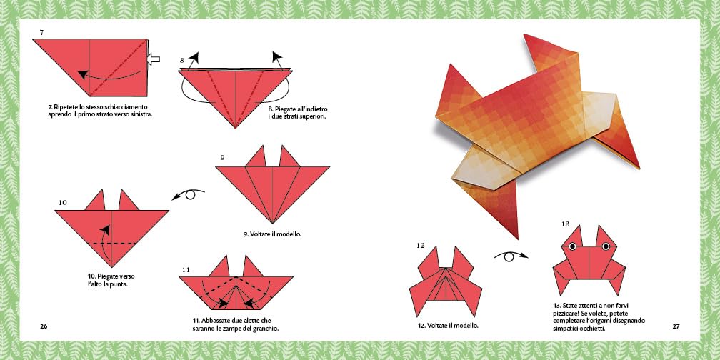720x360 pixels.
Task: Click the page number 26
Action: click(x=44, y=326)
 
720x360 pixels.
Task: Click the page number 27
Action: click(x=676, y=326)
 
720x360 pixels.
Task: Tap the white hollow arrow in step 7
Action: click(x=153, y=59)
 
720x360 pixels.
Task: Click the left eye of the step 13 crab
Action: click(x=573, y=246)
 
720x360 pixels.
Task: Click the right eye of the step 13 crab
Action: click(x=606, y=246)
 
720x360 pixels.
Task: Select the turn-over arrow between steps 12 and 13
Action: click(x=510, y=256)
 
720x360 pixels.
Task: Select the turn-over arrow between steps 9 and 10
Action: click(x=189, y=194)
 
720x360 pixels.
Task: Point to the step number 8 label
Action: click(x=182, y=60)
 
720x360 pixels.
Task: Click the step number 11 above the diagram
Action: click(x=186, y=269)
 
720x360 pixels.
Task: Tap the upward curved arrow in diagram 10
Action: click(x=106, y=244)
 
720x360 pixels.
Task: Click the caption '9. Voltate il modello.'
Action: click(x=272, y=234)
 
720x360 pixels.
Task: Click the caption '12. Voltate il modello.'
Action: click(x=448, y=326)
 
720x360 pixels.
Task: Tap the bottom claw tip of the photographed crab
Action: click(x=517, y=239)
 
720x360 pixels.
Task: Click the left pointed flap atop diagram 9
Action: click(x=256, y=156)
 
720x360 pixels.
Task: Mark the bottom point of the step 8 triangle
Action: click(x=235, y=128)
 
